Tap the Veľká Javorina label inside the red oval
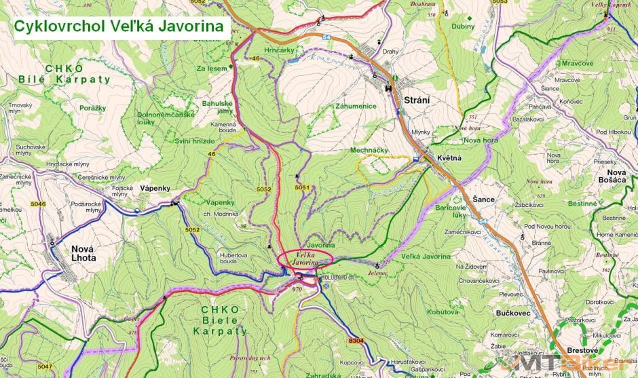point(305,257)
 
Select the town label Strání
point(417,100)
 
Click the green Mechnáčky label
point(369,150)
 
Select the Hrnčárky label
point(279,51)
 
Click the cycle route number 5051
point(302,187)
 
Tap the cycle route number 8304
point(356,340)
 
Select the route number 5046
point(38,204)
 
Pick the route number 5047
point(45,366)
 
